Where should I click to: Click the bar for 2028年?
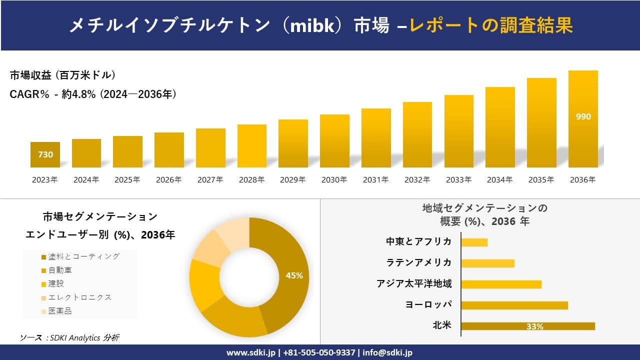[x=251, y=146]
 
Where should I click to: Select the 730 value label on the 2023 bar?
[x=45, y=155]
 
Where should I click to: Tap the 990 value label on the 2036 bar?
[x=583, y=117]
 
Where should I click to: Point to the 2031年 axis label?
[x=375, y=180]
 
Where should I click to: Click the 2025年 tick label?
[x=127, y=180]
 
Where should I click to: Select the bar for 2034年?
[x=500, y=127]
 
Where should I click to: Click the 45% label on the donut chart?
[x=294, y=275]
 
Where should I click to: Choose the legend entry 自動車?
[x=59, y=270]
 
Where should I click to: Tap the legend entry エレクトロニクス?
[x=79, y=297]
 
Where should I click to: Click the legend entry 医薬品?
[x=59, y=311]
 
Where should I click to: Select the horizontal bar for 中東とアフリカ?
[x=474, y=242]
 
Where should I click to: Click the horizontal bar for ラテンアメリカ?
[x=487, y=263]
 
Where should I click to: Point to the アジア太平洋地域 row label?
[x=414, y=284]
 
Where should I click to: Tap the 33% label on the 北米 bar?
[x=534, y=326]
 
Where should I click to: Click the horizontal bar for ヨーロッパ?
[x=514, y=305]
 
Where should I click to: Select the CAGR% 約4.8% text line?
[x=93, y=94]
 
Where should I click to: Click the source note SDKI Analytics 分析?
[x=70, y=338]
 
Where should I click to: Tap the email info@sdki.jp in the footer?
[x=387, y=352]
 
